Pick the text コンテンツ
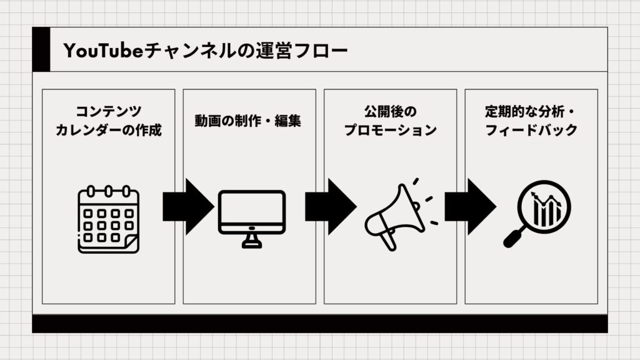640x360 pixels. point(108,111)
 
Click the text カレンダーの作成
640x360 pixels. point(108,131)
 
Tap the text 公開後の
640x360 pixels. point(390,111)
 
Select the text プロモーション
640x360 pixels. point(390,131)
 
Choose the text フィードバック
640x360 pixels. point(531,131)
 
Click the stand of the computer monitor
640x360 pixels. point(251,241)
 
